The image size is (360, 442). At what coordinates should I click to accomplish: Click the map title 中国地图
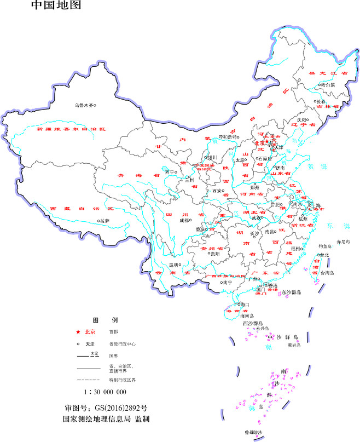57,6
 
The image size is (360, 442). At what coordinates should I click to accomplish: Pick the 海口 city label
243,304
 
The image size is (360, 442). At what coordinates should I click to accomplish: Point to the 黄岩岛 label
294,345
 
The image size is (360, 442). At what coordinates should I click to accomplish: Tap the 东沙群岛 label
292,293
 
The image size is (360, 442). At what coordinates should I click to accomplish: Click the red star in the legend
79,332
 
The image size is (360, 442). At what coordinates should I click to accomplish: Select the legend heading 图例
105,319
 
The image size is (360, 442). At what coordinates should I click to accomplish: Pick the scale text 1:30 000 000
105,392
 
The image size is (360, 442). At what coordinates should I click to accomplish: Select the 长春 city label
321,102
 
